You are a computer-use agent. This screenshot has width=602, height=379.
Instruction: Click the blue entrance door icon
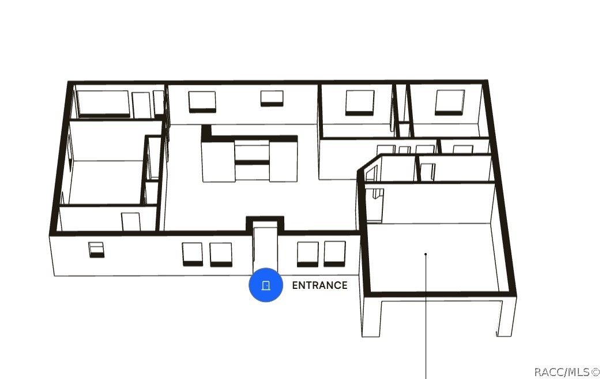tap(266, 285)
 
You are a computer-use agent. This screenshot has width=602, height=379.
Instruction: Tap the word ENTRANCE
tap(320, 285)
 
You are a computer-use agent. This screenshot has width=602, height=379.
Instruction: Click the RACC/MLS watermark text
tap(567, 372)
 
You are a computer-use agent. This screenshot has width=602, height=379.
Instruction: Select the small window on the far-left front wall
tap(96, 250)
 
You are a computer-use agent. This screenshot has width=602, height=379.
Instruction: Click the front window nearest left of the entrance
tap(221, 255)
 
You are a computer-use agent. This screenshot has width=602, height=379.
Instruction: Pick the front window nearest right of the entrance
tap(307, 254)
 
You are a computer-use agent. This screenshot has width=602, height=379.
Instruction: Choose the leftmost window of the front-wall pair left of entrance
tap(193, 254)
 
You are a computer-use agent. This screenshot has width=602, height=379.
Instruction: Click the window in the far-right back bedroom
tap(450, 102)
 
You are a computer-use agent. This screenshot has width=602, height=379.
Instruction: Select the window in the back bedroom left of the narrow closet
tap(360, 103)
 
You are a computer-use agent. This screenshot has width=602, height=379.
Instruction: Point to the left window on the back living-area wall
tap(202, 102)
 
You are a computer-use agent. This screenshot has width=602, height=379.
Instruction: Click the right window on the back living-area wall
tap(272, 98)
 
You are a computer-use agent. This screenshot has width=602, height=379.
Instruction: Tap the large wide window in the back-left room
tap(103, 103)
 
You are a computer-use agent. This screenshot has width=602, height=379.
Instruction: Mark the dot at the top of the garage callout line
tap(426, 254)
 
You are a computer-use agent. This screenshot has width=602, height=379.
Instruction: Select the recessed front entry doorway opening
tap(265, 246)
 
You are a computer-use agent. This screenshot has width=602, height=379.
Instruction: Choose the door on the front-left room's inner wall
tap(131, 222)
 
